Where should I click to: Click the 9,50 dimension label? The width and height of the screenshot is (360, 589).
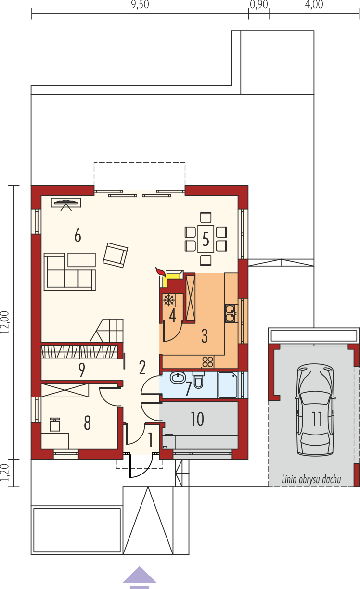pyautogui.click(x=140, y=5)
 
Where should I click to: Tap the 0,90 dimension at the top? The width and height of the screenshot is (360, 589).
pyautogui.click(x=259, y=5)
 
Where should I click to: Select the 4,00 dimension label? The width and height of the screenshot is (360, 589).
pyautogui.click(x=314, y=5)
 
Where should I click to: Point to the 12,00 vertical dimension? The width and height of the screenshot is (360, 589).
pyautogui.click(x=5, y=322)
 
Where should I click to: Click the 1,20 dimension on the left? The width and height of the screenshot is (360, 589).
pyautogui.click(x=5, y=473)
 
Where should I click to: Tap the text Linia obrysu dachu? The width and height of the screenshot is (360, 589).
pyautogui.click(x=311, y=479)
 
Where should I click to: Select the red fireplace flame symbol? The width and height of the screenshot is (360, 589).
pyautogui.click(x=160, y=271)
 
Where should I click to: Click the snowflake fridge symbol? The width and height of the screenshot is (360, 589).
pyautogui.click(x=169, y=300)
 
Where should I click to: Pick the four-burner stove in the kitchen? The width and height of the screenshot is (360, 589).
pyautogui.click(x=207, y=362)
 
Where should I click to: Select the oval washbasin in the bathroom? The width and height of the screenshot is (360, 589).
pyautogui.click(x=178, y=378)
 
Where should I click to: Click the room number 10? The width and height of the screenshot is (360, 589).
pyautogui.click(x=197, y=419)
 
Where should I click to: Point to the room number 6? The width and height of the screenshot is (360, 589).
pyautogui.click(x=77, y=235)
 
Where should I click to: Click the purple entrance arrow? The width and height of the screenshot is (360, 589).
pyautogui.click(x=140, y=578)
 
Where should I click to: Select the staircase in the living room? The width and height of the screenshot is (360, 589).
pyautogui.click(x=106, y=331)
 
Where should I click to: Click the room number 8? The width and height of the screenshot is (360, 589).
pyautogui.click(x=87, y=423)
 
